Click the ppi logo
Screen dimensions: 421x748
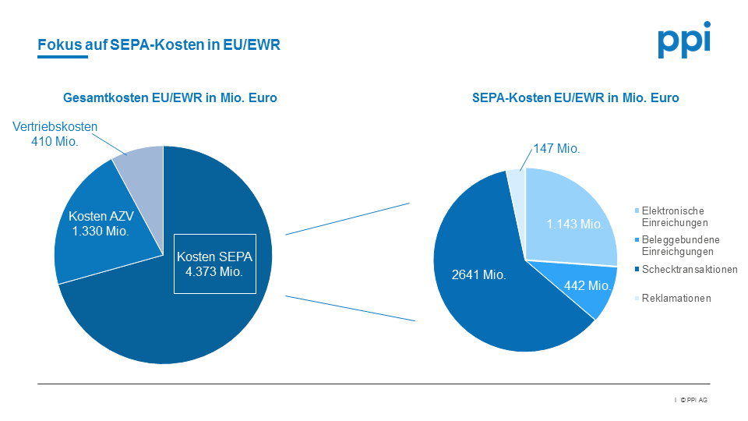click(683, 41)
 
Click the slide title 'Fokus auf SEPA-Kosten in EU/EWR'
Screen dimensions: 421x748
click(159, 45)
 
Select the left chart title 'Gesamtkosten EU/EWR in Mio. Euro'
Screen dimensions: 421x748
click(170, 98)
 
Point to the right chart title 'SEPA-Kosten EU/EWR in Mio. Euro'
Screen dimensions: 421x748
click(576, 98)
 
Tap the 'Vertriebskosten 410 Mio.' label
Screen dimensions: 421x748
click(55, 134)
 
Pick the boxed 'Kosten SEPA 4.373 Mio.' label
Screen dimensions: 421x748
click(214, 264)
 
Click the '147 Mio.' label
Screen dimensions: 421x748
click(556, 148)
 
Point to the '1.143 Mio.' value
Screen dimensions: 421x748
click(575, 224)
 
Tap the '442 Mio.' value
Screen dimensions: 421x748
click(587, 287)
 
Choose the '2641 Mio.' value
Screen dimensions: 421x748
click(478, 274)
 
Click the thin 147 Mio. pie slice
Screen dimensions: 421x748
click(517, 181)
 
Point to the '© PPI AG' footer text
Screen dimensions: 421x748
click(693, 400)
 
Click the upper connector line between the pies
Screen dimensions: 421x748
click(348, 218)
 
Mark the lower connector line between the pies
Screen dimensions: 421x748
click(351, 308)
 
